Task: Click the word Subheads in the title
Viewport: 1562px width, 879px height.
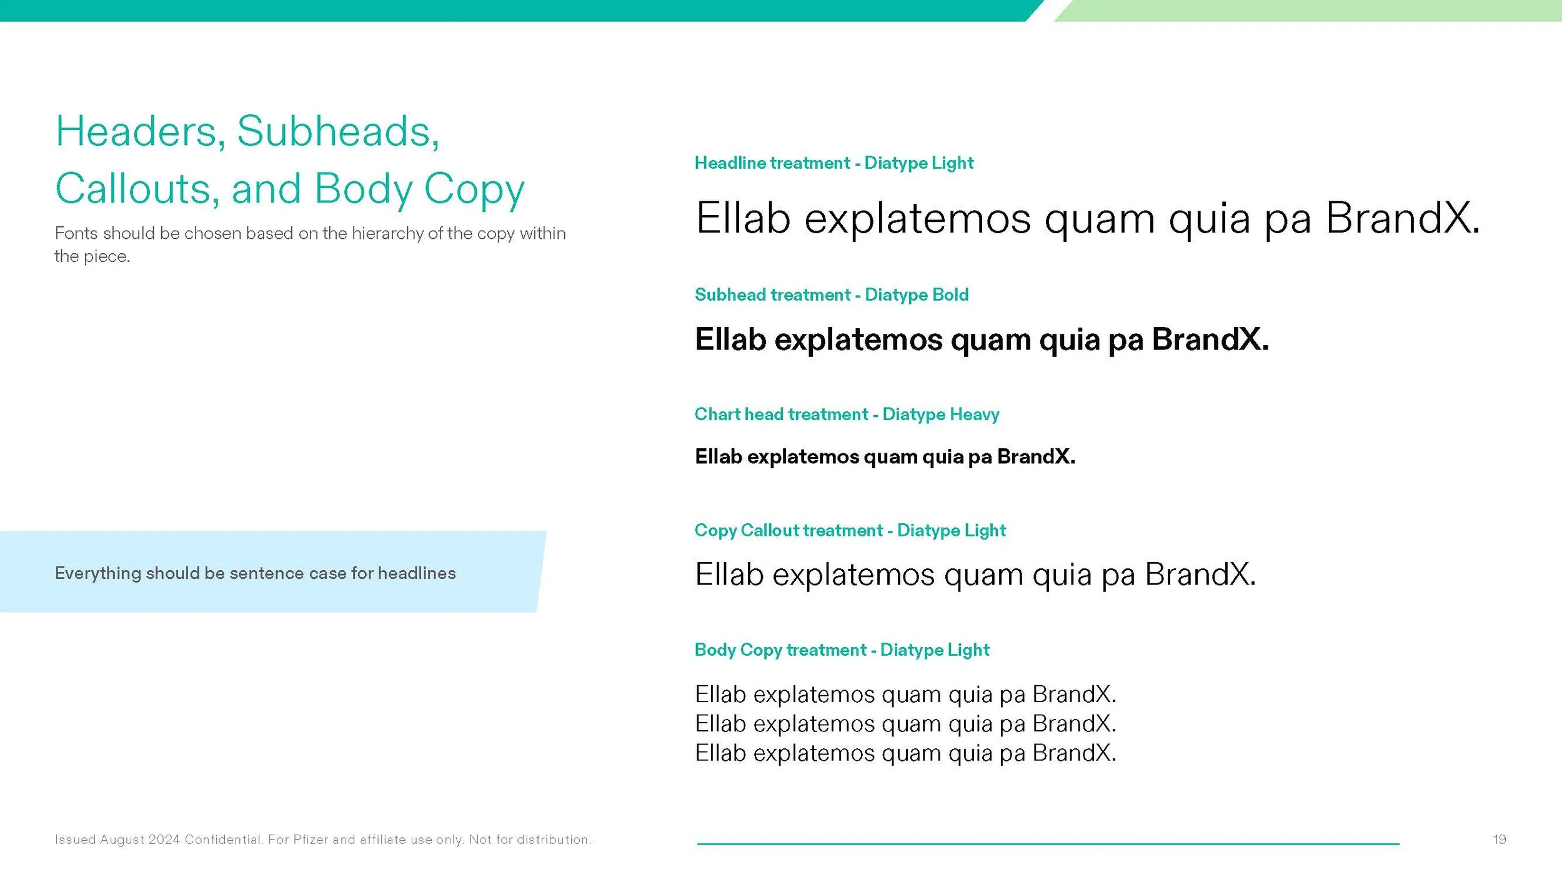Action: point(338,132)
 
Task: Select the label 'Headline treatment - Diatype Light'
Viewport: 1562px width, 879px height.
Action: point(833,163)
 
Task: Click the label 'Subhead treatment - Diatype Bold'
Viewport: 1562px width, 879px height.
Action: point(831,294)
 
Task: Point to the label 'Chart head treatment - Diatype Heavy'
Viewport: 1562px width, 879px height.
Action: point(847,414)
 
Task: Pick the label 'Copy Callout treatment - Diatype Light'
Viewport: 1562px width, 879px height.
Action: point(850,530)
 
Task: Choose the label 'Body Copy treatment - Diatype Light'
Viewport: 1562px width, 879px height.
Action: point(842,650)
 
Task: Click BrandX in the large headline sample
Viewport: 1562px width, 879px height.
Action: point(1402,218)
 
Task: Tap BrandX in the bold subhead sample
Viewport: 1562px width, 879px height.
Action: point(1210,339)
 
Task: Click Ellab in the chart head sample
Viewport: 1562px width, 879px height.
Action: point(718,457)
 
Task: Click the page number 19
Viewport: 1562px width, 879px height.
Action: point(1500,839)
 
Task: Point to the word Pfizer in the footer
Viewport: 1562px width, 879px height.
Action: point(311,840)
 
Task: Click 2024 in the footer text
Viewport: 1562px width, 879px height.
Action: point(164,840)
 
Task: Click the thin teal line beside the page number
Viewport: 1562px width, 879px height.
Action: point(1048,844)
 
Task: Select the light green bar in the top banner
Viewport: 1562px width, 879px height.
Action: point(1312,10)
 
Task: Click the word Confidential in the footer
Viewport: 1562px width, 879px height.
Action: point(223,840)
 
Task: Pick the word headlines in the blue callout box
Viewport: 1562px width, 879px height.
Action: point(417,573)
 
